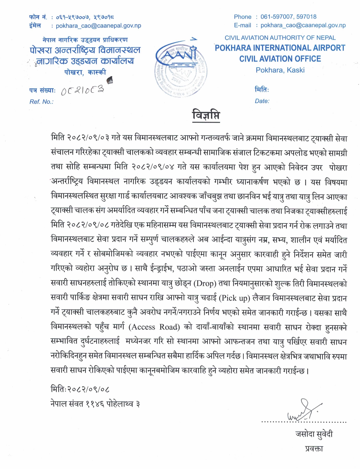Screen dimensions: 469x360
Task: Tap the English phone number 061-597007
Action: coord(276,17)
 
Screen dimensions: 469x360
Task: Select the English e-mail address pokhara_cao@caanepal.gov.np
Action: coord(303,26)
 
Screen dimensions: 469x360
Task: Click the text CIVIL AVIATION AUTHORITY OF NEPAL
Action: coord(280,38)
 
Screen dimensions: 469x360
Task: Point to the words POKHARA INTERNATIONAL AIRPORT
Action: coord(280,48)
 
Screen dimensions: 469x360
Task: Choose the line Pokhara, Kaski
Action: coord(280,70)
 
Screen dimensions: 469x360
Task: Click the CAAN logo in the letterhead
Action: coord(180,68)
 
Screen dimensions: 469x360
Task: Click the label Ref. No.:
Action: coord(42,102)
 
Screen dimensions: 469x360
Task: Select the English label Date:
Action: coord(262,101)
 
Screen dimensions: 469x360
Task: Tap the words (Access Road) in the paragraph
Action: coord(155,327)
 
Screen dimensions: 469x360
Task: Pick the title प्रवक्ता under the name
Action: coord(314,449)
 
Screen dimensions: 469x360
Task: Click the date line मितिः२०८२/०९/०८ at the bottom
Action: coord(80,389)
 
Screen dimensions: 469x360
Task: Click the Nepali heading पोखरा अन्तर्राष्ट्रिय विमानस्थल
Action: coord(85,50)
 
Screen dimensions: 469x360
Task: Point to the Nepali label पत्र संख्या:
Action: coord(42,90)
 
